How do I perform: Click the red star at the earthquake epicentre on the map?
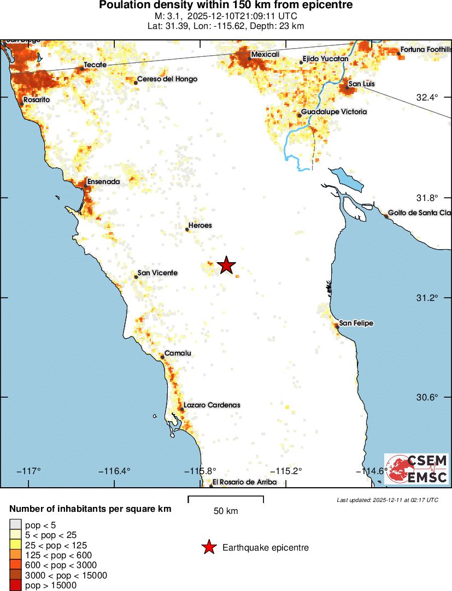[x=226, y=265]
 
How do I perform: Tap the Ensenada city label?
[x=103, y=181]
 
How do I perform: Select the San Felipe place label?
[x=356, y=323]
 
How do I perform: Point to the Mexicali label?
[x=265, y=55]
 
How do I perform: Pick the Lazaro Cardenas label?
[x=212, y=405]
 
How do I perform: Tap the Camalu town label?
[x=178, y=353]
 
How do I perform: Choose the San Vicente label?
[x=157, y=273]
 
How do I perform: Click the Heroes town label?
[x=199, y=226]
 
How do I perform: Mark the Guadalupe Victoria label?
[x=334, y=112]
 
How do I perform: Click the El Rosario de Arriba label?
[x=244, y=482]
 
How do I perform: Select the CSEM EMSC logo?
[x=416, y=469]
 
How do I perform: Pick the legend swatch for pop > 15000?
[x=16, y=586]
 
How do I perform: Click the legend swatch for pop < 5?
[x=16, y=525]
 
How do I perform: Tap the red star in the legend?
[x=208, y=547]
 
